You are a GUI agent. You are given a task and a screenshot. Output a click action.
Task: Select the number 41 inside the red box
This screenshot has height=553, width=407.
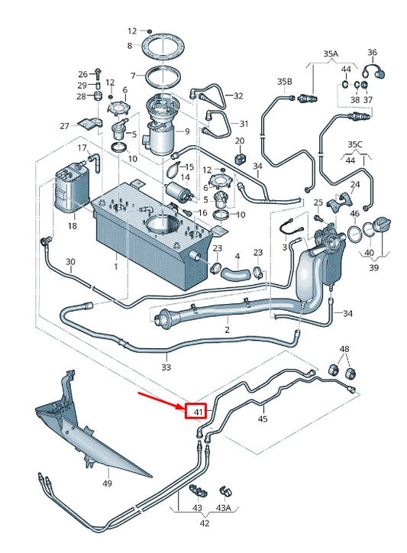[x=197, y=412]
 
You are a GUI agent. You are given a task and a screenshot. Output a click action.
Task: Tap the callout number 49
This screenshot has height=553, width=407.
[x=107, y=483]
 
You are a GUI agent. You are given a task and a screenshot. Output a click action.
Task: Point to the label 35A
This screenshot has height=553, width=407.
[x=331, y=54]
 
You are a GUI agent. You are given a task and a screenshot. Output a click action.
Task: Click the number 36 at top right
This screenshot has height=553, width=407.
[x=372, y=53]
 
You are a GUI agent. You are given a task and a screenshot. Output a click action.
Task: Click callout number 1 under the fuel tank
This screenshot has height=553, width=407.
[x=116, y=267]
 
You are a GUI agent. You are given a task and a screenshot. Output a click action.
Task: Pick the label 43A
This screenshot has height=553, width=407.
[x=224, y=508]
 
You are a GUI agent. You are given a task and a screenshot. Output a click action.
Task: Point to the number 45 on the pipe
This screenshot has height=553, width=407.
[x=263, y=419]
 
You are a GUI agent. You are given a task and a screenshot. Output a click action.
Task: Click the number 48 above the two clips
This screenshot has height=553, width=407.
[x=345, y=349]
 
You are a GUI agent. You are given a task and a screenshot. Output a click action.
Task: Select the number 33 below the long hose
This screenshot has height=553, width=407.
[x=167, y=367]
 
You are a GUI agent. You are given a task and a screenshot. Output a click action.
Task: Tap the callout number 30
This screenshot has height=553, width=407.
[x=70, y=262]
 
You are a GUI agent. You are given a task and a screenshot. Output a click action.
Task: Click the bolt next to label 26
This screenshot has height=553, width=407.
[x=99, y=73]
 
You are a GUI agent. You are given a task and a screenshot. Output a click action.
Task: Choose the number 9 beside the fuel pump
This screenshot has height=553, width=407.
[x=186, y=131]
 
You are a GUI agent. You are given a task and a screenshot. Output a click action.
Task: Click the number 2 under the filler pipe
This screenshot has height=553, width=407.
[x=227, y=330]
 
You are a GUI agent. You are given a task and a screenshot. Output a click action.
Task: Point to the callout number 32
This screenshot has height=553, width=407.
[x=238, y=95]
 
